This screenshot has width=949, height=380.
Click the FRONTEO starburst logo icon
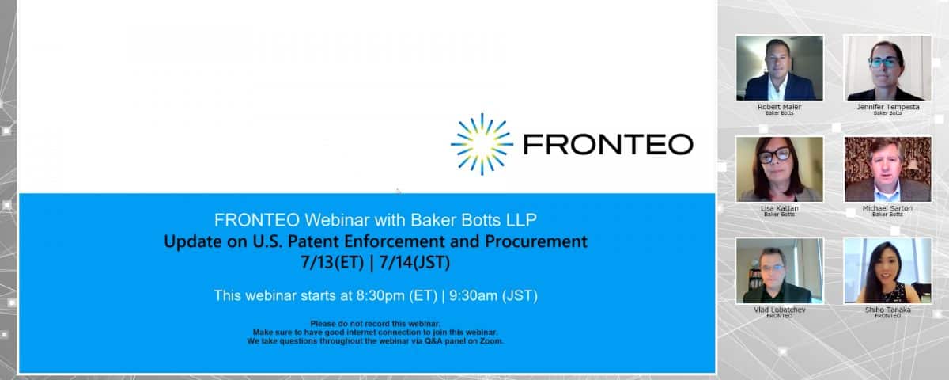point(482,144)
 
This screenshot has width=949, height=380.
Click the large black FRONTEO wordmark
point(608,144)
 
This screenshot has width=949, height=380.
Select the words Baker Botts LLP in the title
point(474,220)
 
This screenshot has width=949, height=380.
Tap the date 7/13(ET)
point(332,263)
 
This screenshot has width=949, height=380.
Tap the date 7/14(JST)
point(414,263)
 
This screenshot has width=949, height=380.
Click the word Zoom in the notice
point(490,341)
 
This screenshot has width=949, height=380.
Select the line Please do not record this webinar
point(376,324)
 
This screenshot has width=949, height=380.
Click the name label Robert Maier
point(780,107)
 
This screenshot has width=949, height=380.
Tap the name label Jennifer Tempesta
point(888,107)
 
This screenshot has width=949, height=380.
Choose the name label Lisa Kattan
point(780,208)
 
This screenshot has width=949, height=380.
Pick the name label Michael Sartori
point(887,208)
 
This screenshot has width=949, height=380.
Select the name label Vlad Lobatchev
point(780,310)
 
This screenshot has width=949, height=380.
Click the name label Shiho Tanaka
point(887,310)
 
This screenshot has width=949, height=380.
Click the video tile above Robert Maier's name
point(780,68)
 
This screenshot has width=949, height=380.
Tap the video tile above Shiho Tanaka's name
point(887,271)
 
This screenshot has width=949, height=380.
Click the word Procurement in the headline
point(536,241)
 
